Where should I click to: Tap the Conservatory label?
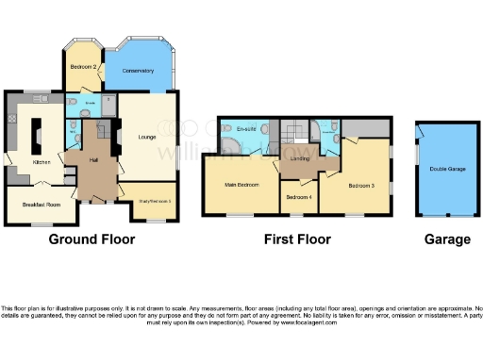138,71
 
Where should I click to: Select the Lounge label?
147,134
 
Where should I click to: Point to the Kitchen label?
42,162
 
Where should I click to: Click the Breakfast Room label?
41,205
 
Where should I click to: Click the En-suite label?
248,128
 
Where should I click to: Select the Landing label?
301,158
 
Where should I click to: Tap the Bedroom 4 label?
299,198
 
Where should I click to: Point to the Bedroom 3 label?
360,186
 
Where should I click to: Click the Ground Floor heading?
92,239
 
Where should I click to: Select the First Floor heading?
296,239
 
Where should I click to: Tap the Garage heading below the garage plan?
446,239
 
